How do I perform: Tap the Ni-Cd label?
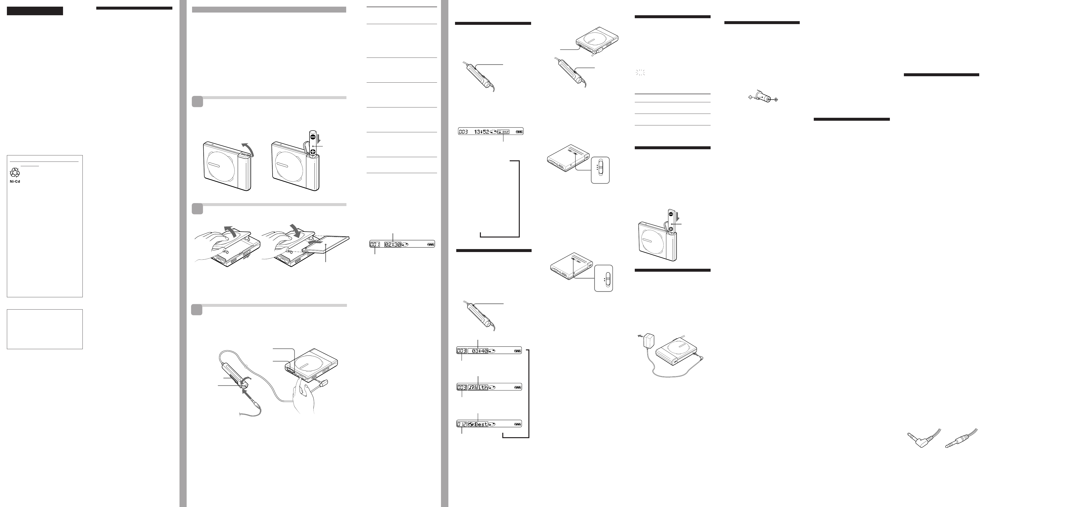pos(15,181)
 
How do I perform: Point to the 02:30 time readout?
pos(393,245)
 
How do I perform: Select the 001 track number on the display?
pos(375,245)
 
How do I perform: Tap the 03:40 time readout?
pos(480,351)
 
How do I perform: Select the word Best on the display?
pos(480,424)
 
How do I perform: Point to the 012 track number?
pos(462,424)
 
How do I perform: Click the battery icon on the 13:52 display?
pos(519,132)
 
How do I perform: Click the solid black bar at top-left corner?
pos(35,11)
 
